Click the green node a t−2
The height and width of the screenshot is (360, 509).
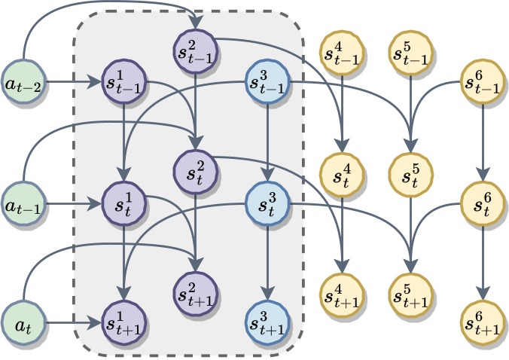[x=23, y=81]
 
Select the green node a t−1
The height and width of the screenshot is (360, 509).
[x=23, y=204]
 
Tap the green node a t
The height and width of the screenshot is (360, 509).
[x=23, y=322]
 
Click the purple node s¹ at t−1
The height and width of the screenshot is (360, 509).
[x=124, y=81]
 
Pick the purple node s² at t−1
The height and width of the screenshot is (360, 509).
[x=195, y=51]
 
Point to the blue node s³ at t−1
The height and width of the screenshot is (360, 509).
[x=267, y=81]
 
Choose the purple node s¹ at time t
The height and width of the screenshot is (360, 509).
[x=124, y=204]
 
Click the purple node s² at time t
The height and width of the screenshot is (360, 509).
[x=195, y=172]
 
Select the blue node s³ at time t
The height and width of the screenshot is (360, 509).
[x=267, y=204]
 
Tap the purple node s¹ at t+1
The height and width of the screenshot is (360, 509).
[x=124, y=322]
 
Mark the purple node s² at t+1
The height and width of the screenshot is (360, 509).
[x=195, y=294]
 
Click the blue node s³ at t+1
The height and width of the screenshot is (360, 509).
[x=267, y=322]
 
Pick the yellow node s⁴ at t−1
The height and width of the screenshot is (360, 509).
[x=342, y=53]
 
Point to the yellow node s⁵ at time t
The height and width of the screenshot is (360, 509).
[x=411, y=175]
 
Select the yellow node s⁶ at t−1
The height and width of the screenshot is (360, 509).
[x=483, y=81]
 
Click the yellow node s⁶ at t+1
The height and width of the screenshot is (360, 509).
[x=483, y=322]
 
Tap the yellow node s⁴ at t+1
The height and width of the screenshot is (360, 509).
[x=342, y=295]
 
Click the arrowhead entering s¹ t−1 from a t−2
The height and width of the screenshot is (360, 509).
[x=95, y=81]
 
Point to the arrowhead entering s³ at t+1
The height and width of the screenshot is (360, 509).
[x=267, y=294]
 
